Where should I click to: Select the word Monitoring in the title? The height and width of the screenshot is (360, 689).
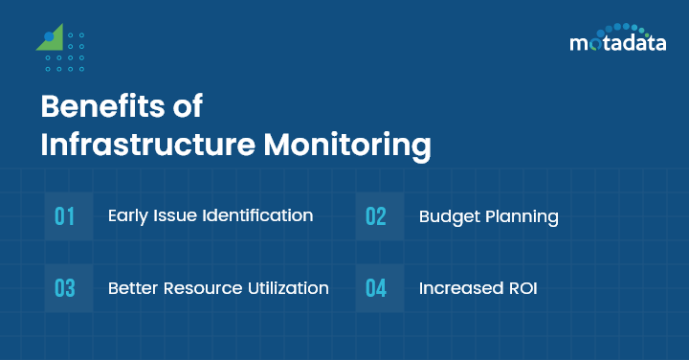[x=347, y=146]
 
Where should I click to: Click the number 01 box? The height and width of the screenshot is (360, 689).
[x=65, y=215]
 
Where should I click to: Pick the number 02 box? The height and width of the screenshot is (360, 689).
[x=376, y=215]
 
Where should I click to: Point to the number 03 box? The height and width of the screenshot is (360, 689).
[x=65, y=288]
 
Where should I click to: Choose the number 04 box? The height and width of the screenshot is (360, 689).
[x=376, y=288]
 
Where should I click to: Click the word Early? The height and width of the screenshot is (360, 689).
[x=128, y=215]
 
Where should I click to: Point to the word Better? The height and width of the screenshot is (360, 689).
[x=132, y=288]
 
